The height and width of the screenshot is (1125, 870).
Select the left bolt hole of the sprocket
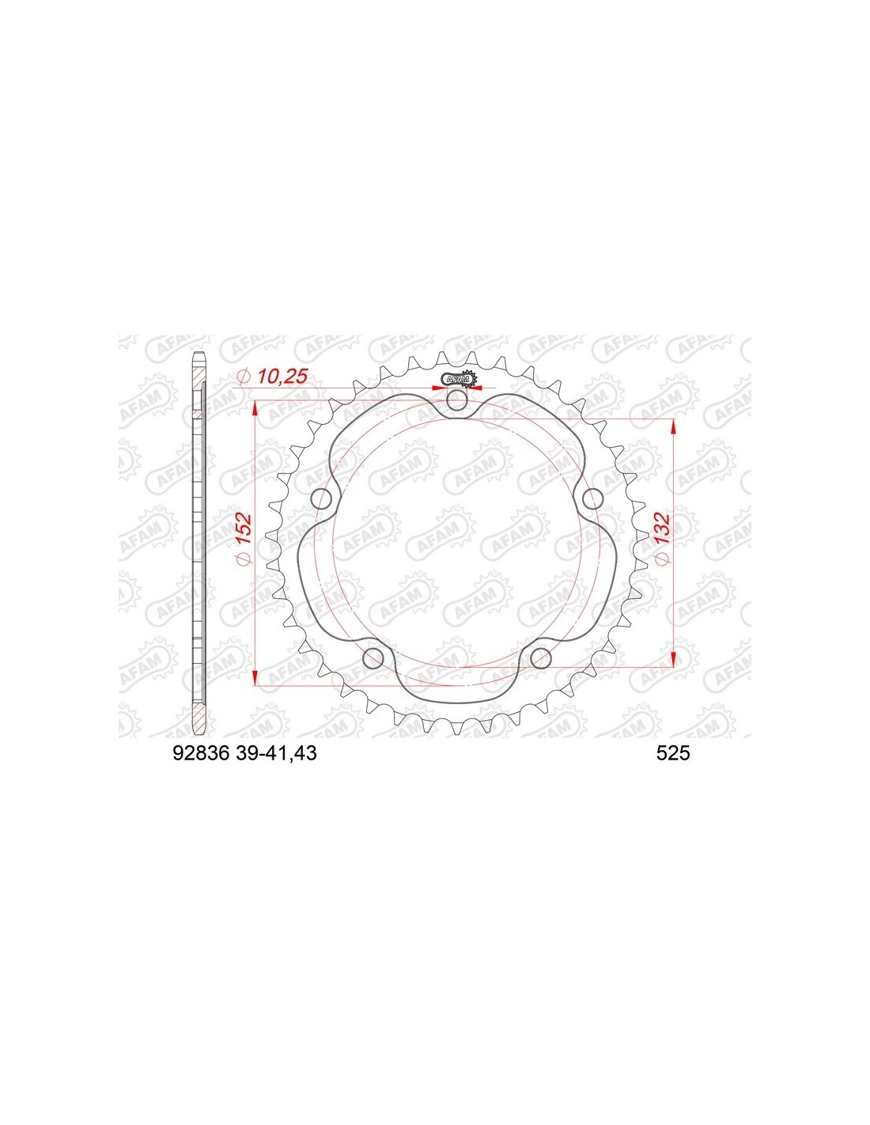323,498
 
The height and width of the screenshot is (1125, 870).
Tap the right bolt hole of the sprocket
592,499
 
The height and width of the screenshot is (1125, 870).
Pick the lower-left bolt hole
375,658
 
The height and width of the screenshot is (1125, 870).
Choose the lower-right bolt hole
541,658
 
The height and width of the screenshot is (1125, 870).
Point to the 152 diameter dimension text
244,528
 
